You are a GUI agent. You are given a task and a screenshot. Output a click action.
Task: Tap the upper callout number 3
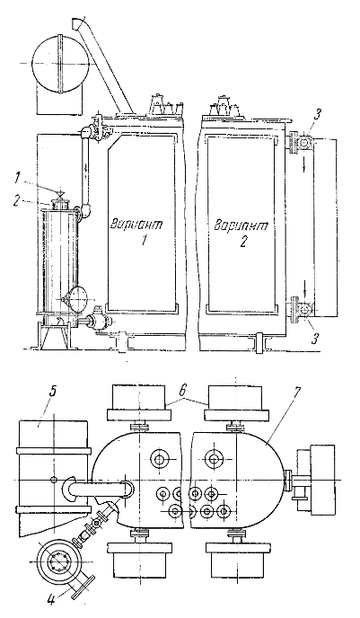point(318,117)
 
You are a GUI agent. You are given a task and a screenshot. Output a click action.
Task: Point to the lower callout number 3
point(313,338)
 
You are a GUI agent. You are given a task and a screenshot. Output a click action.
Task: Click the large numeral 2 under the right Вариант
point(243,241)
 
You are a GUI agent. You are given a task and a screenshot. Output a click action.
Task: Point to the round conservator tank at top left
point(60,64)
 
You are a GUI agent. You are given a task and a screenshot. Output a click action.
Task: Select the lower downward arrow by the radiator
point(305,296)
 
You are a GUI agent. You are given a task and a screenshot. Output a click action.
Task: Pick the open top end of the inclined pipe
point(76,22)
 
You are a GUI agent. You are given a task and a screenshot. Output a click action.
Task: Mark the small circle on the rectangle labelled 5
point(54,479)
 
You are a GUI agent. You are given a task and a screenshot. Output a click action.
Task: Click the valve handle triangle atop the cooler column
point(60,193)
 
